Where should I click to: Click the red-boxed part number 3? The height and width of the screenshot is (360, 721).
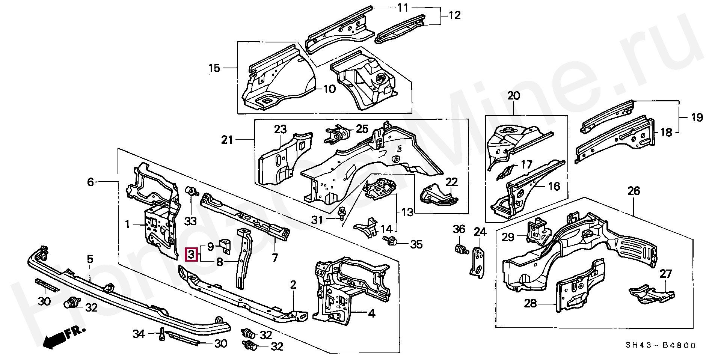191,255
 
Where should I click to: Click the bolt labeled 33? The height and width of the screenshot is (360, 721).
192,191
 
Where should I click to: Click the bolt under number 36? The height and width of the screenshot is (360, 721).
460,249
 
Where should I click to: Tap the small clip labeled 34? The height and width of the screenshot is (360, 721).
162,334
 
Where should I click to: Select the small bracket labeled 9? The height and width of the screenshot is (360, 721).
225,244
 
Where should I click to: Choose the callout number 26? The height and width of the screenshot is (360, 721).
634,191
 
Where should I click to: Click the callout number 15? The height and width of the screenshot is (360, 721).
214,68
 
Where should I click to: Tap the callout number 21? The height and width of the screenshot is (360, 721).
227,140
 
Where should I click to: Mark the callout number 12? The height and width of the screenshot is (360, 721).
454,15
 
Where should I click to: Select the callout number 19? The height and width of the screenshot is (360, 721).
697,117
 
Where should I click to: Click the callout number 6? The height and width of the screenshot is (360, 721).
90,182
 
